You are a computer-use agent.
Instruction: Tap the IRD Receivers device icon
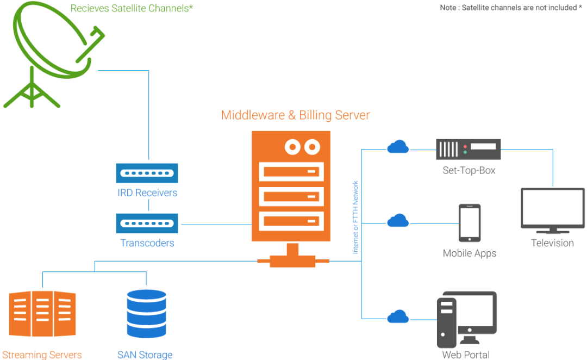click(x=147, y=173)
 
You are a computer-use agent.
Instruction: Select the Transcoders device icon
click(x=147, y=222)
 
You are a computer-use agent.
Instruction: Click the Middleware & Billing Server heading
click(x=295, y=115)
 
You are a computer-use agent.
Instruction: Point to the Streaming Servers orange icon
click(x=42, y=314)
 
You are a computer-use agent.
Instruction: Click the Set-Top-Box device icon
click(x=469, y=148)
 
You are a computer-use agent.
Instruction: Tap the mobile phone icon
click(x=469, y=223)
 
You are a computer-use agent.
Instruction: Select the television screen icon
click(x=553, y=209)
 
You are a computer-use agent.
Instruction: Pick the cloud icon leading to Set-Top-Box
click(x=398, y=146)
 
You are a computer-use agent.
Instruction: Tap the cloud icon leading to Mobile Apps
click(x=398, y=220)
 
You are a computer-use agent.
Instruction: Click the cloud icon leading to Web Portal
click(x=398, y=316)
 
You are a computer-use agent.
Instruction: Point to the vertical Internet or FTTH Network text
click(x=356, y=216)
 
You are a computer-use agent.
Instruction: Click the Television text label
click(x=552, y=243)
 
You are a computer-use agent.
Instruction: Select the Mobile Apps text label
click(x=470, y=253)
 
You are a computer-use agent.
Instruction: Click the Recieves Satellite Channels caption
click(x=132, y=9)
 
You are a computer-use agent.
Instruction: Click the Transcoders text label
click(x=147, y=243)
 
